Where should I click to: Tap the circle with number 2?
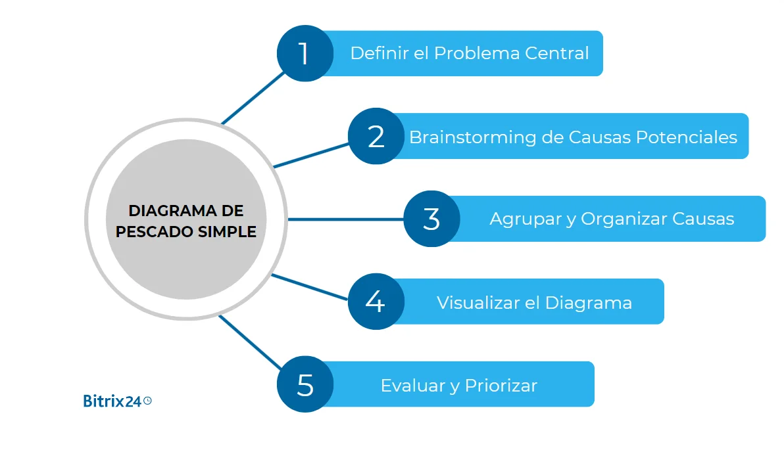pyautogui.click(x=376, y=136)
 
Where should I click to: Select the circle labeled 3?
pyautogui.click(x=431, y=219)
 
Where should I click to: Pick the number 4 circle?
pyautogui.click(x=375, y=302)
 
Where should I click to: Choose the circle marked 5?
pyautogui.click(x=305, y=384)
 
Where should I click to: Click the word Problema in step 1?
pyautogui.click(x=467, y=53)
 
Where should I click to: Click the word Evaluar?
pyautogui.click(x=413, y=386)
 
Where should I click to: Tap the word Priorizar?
pyautogui.click(x=501, y=386)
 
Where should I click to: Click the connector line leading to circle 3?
pyautogui.click(x=345, y=219)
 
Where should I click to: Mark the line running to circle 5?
pyautogui.click(x=250, y=342)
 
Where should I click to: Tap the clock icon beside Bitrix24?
pyautogui.click(x=147, y=400)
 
